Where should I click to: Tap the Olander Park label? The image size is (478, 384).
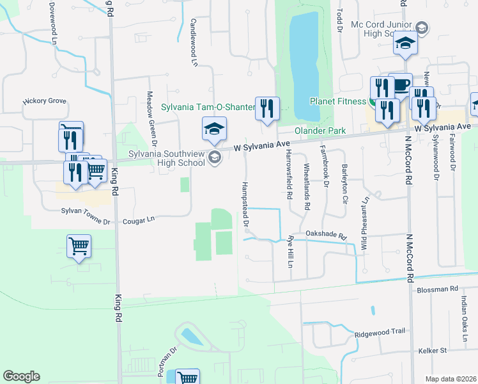pos(320,131)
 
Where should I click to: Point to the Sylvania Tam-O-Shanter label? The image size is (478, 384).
pos(207,107)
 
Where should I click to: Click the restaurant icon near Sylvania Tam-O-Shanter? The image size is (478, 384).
pos(266,109)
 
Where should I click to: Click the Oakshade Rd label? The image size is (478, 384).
pos(325,235)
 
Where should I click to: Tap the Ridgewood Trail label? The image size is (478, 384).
pos(380,332)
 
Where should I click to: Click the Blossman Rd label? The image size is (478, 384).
pos(437,289)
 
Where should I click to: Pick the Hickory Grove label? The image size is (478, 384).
pos(44,101)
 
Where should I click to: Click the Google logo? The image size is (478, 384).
pos(21,376)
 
